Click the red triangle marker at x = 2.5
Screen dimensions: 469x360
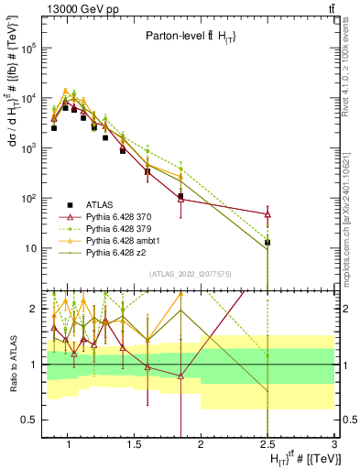pyautogui.click(x=267, y=213)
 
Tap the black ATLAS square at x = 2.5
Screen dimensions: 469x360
pyautogui.click(x=267, y=243)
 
